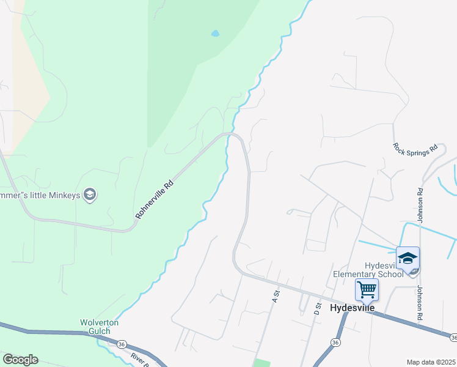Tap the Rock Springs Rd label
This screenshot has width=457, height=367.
[x=416, y=148]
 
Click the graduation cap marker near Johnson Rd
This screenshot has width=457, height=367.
[x=408, y=259]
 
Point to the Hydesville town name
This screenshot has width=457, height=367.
[x=352, y=308]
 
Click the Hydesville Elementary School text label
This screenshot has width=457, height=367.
[x=368, y=270]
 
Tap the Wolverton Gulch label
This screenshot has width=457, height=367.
[x=99, y=327]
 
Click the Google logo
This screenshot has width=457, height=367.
[x=20, y=360]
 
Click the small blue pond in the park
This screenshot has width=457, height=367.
[x=215, y=34]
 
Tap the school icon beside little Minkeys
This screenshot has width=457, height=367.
[x=90, y=195]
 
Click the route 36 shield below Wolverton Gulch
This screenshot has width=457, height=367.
[x=122, y=344]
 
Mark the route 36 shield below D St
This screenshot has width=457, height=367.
[x=335, y=341]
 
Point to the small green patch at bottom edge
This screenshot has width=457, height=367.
[x=261, y=363]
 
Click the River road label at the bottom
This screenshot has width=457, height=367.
[x=139, y=359]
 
